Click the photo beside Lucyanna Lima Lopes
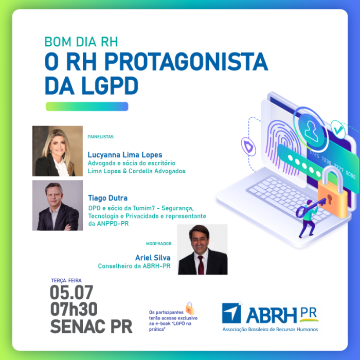[58, 151]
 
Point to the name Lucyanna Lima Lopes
[125, 155]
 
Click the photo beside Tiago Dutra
[58, 205]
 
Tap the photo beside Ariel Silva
[202, 249]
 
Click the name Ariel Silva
[153, 258]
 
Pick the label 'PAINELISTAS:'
[101, 137]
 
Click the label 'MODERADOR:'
[158, 244]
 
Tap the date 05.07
[71, 293]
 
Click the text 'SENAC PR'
[91, 326]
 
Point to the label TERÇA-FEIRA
[66, 280]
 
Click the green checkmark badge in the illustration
[337, 129]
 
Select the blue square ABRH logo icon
[232, 313]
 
